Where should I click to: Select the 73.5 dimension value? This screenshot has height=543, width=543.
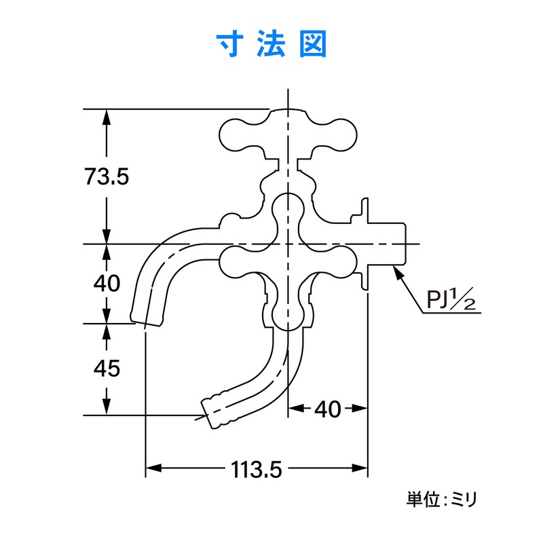point(107,177)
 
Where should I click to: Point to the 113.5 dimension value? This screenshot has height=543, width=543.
point(257,468)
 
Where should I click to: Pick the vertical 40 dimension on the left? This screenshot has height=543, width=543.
point(107,282)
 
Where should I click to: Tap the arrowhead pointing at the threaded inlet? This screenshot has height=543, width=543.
point(398,272)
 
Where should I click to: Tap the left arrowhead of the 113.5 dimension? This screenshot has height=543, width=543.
point(152,468)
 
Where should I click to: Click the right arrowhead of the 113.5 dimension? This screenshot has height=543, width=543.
point(362,468)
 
